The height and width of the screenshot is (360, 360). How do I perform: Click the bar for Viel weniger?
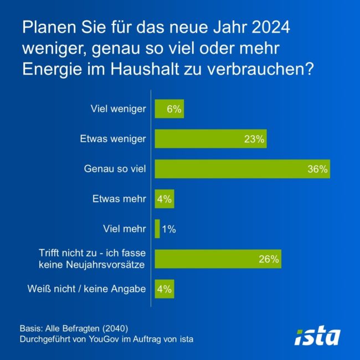[x=169, y=109]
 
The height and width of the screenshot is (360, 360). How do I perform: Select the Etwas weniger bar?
[x=210, y=139]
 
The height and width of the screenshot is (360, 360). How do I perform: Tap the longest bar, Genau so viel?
[x=242, y=169]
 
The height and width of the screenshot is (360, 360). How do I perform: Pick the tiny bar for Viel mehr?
[x=157, y=229]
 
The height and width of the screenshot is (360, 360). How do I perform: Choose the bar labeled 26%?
[x=218, y=259]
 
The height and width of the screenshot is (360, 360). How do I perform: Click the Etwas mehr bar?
[x=164, y=199]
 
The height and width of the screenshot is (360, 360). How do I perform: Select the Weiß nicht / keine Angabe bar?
[x=164, y=289]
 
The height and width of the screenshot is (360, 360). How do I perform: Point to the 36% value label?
[x=318, y=169]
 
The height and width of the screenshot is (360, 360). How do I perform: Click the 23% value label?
[x=254, y=139]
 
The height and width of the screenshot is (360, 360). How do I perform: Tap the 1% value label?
[x=169, y=229]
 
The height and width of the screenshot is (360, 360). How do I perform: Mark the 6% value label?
[x=174, y=109]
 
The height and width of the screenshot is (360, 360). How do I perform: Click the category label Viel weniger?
[x=119, y=109]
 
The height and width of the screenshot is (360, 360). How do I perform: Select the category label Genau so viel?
[x=115, y=169]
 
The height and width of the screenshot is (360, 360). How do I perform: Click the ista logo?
[x=317, y=336]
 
